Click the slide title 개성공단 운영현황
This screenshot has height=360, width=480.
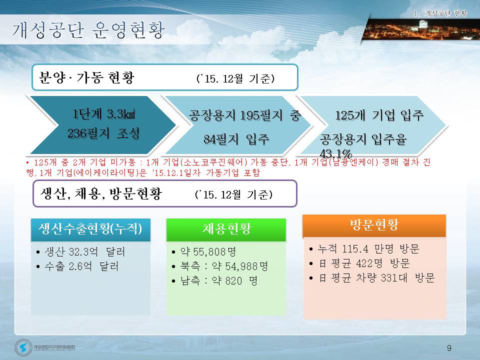[x=88, y=30]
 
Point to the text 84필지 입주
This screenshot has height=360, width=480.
[x=236, y=139]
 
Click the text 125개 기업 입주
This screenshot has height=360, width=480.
[x=379, y=115]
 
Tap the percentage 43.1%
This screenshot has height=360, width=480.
[x=336, y=153]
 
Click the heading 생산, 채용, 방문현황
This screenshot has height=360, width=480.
[x=101, y=193]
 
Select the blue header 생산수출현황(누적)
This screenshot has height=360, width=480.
[x=90, y=229]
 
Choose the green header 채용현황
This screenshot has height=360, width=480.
[x=226, y=229]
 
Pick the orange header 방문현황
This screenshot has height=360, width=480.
[x=374, y=225]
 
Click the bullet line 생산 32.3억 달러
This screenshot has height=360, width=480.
[x=81, y=252]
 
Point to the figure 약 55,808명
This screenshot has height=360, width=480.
[x=204, y=252]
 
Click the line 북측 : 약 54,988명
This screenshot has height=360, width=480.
[x=220, y=266]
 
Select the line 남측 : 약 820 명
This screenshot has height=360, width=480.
[x=214, y=280]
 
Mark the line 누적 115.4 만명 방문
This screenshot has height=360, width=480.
[x=364, y=249]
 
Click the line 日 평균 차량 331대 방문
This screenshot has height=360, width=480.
[x=372, y=278]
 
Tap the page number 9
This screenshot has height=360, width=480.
[x=449, y=348]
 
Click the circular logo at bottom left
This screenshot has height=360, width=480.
[x=23, y=347]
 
